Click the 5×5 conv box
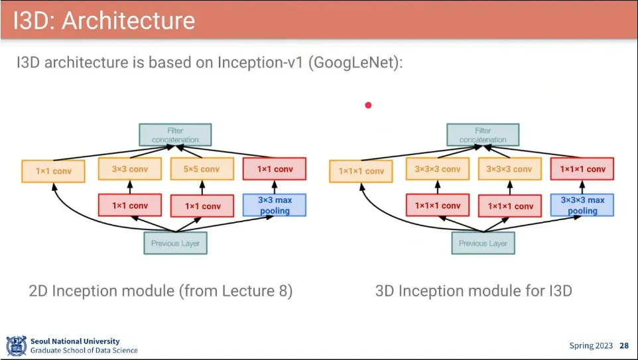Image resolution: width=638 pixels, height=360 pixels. click(202, 169)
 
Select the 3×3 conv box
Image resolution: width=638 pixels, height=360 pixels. click(130, 169)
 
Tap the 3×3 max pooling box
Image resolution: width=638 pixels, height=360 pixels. click(275, 205)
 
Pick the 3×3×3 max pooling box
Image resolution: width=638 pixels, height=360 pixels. click(582, 205)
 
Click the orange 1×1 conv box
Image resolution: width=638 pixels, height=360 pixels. click(53, 171)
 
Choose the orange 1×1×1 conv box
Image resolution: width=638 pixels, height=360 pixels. click(361, 171)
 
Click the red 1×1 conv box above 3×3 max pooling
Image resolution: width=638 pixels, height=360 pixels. click(275, 169)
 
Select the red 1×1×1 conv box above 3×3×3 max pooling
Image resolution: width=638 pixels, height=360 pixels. click(582, 169)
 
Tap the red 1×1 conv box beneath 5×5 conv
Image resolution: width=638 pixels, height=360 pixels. click(202, 206)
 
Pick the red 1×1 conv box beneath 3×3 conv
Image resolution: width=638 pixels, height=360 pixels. click(130, 205)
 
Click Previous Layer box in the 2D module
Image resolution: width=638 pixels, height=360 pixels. click(175, 243)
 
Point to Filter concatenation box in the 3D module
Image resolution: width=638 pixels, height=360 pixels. click(483, 135)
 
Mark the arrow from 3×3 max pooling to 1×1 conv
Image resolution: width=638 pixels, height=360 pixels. click(275, 187)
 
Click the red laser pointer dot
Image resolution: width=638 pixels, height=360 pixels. click(368, 105)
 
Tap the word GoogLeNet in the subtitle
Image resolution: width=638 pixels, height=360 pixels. click(354, 63)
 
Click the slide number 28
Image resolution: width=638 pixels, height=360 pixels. click(624, 346)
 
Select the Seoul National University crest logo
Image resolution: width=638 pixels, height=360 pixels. click(17, 346)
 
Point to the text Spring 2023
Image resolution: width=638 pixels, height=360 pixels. click(591, 346)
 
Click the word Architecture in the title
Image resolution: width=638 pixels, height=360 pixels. click(129, 21)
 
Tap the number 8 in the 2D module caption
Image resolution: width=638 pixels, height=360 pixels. click(283, 291)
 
